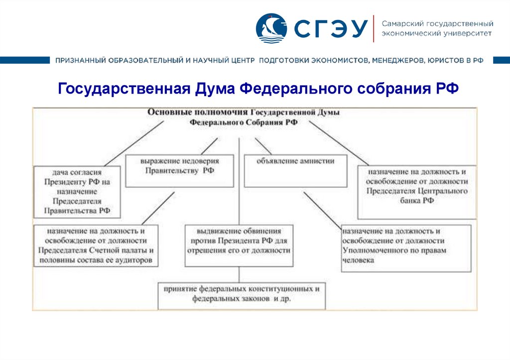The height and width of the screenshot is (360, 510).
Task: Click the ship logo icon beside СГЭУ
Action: pos(271,28)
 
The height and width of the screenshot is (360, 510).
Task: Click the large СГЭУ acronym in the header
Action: pos(329,29)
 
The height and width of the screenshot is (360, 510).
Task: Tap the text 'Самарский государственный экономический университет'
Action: pos(437,28)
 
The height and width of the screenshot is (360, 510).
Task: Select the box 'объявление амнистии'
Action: pos(295,171)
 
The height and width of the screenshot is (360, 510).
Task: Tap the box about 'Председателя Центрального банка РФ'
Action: pos(417,192)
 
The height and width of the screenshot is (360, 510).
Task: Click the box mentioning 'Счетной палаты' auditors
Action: pos(96,246)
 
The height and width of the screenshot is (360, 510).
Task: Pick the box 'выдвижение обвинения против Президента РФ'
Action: pos(239,246)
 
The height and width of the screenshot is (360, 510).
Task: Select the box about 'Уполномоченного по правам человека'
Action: pos(406,247)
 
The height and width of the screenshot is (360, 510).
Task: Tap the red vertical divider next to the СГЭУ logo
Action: pos(373,28)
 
